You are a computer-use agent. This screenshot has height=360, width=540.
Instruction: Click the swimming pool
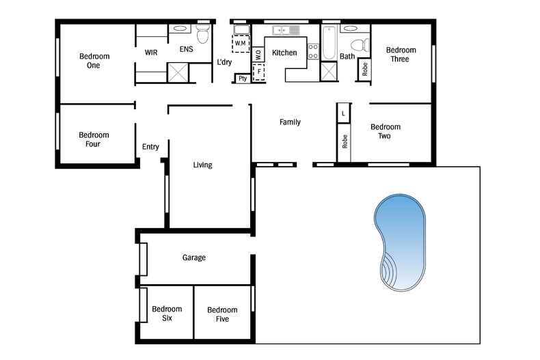tap(400, 243)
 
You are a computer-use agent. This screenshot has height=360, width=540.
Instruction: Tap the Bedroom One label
tap(94, 61)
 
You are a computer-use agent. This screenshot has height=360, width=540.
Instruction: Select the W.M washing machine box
tap(241, 43)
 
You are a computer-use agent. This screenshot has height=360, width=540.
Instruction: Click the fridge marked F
tap(258, 72)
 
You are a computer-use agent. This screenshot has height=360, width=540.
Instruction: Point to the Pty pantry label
tap(243, 79)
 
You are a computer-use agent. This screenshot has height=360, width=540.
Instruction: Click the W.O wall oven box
tap(258, 55)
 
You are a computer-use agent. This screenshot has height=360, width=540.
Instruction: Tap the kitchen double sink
tap(286, 30)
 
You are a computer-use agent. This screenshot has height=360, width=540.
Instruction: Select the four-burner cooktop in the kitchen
tap(313, 51)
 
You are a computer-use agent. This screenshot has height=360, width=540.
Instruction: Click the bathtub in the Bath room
tap(329, 43)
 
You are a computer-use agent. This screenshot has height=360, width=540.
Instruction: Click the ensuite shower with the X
tap(178, 72)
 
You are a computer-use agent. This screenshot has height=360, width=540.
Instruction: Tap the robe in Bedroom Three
tap(364, 69)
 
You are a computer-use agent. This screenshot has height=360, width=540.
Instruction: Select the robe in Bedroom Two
tap(344, 142)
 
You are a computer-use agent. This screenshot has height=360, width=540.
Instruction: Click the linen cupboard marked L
tap(343, 113)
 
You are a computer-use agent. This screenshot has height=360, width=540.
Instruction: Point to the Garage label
tap(194, 258)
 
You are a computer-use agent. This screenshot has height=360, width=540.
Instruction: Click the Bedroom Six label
tap(167, 313)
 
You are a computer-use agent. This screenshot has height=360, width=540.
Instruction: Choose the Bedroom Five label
tap(222, 314)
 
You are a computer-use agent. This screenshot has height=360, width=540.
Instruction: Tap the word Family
tap(290, 122)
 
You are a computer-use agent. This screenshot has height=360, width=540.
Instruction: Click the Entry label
tap(150, 147)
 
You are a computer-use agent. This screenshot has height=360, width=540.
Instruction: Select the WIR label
tap(151, 53)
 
